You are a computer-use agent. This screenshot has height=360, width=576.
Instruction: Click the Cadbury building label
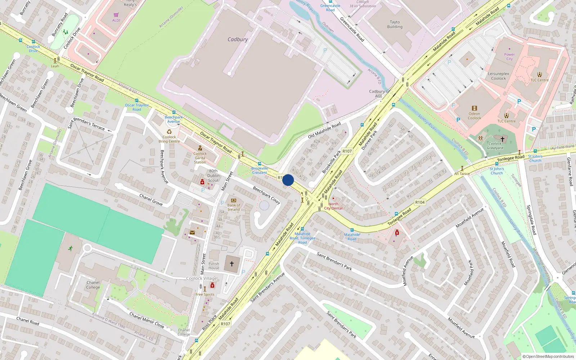tap(238, 39)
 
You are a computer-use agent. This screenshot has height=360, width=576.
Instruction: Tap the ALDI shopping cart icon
tap(116, 15)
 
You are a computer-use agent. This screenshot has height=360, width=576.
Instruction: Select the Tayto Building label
tap(395, 24)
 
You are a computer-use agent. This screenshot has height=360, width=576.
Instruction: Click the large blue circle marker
tap(288, 180)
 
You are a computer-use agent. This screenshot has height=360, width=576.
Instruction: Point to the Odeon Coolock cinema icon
tap(474, 108)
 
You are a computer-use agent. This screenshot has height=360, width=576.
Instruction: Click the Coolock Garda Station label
tap(200, 158)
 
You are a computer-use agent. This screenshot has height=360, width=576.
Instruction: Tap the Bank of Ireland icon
tap(233, 201)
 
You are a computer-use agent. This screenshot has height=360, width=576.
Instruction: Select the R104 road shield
tap(420, 202)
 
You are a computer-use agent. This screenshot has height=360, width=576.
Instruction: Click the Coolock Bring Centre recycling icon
tap(169, 132)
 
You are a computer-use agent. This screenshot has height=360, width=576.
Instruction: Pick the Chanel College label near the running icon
tap(93, 285)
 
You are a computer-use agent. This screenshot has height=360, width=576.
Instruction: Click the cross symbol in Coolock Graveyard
tap(502, 139)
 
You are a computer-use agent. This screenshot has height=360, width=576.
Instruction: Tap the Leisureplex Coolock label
tap(498, 76)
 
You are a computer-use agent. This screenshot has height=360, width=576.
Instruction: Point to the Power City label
tap(509, 57)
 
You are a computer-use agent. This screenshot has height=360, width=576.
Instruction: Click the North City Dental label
tap(333, 206)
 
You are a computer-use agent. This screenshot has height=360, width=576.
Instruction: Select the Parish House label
tap(213, 266)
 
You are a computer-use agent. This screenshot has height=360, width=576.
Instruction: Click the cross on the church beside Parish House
tap(232, 264)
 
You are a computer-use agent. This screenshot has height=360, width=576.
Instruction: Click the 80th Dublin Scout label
tap(213, 176)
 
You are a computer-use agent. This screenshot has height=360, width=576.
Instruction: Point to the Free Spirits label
tap(205, 294)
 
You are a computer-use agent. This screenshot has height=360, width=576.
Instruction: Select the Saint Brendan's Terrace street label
tap(86, 123)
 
